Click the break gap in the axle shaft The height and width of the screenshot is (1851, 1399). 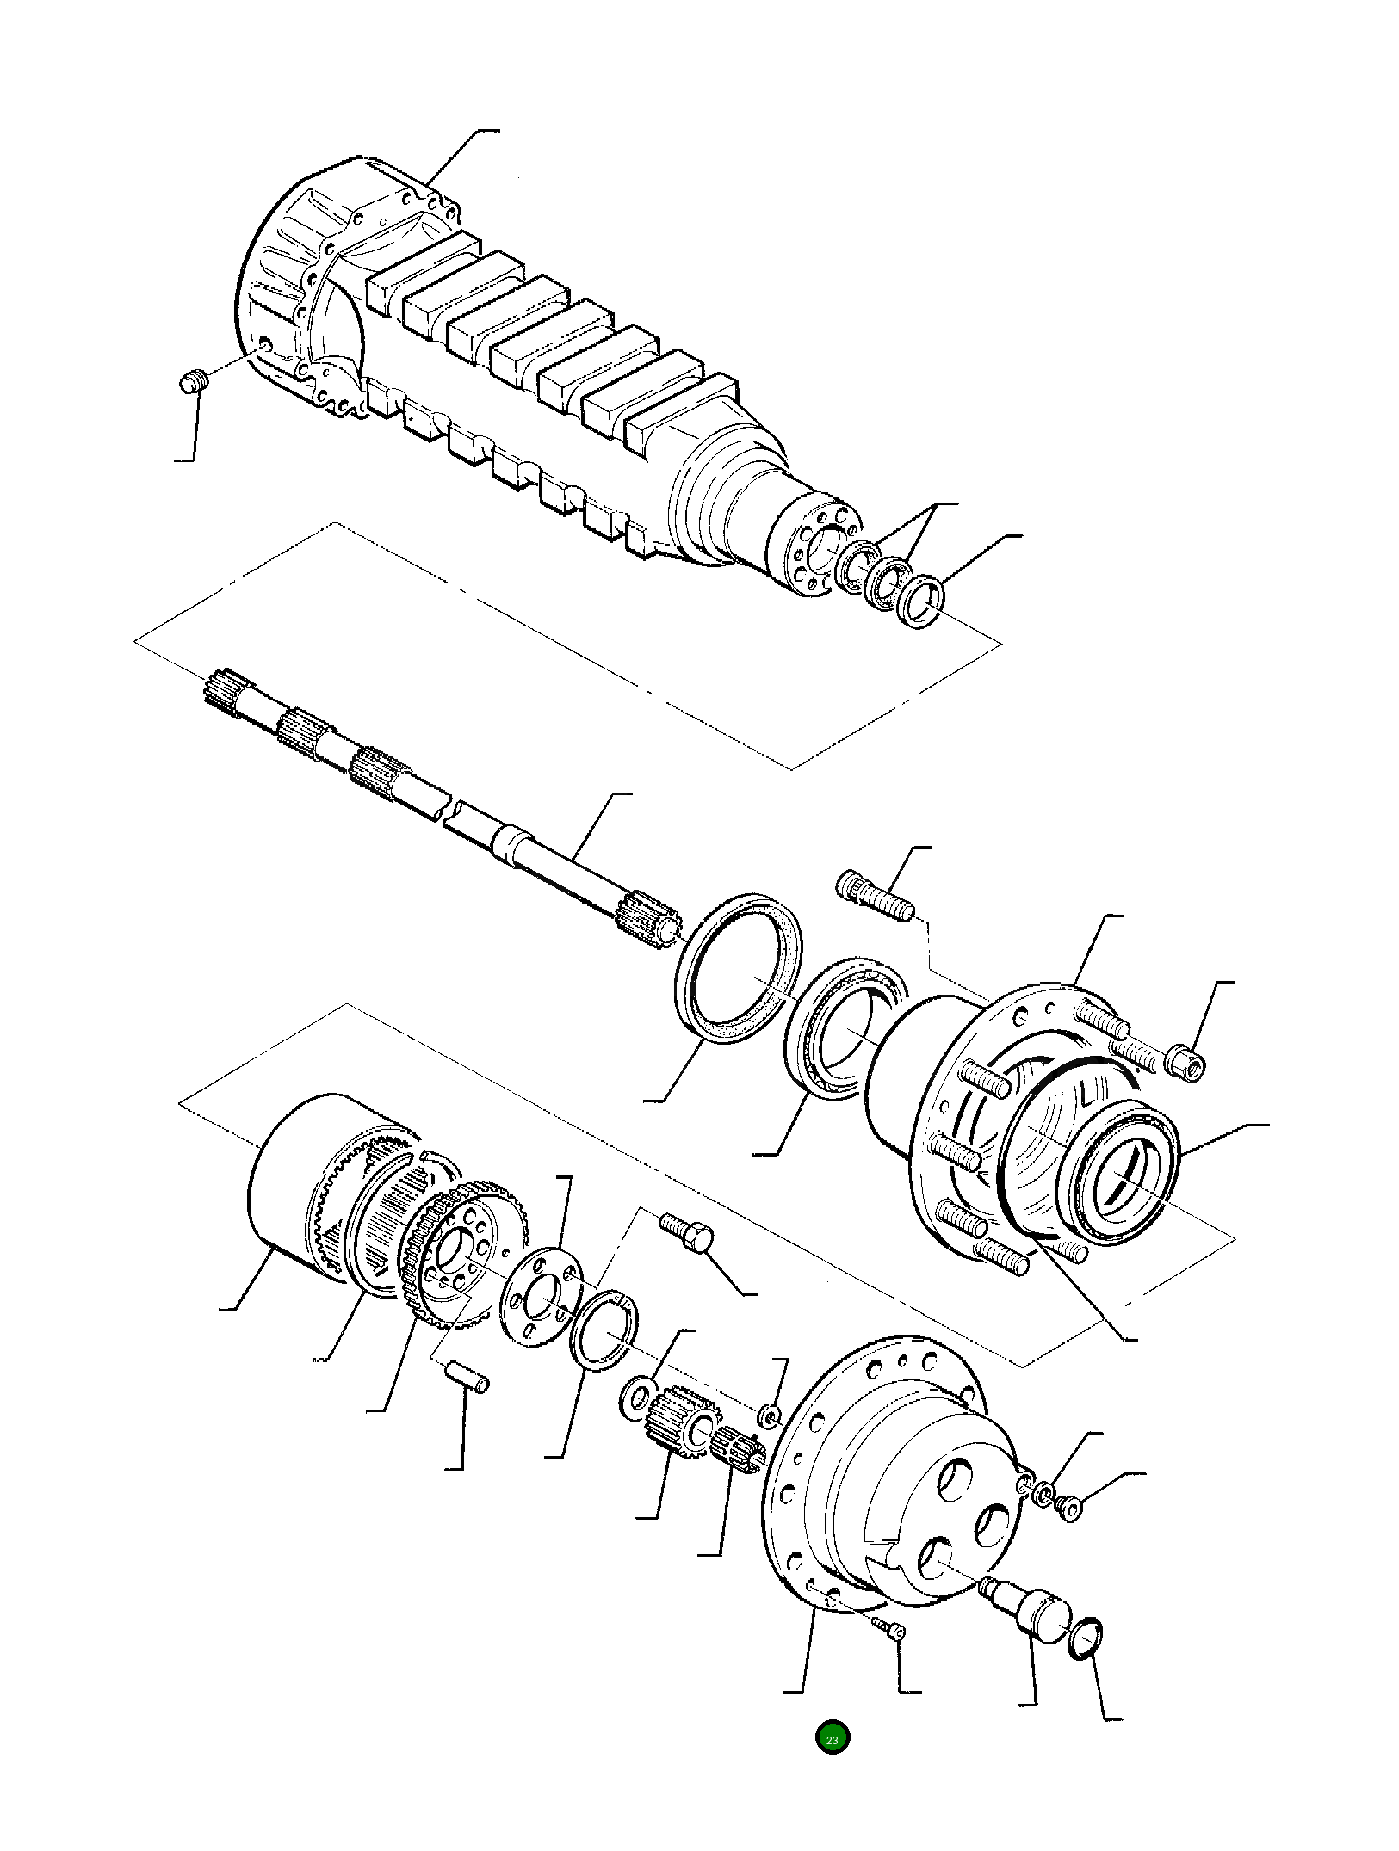tap(448, 811)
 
